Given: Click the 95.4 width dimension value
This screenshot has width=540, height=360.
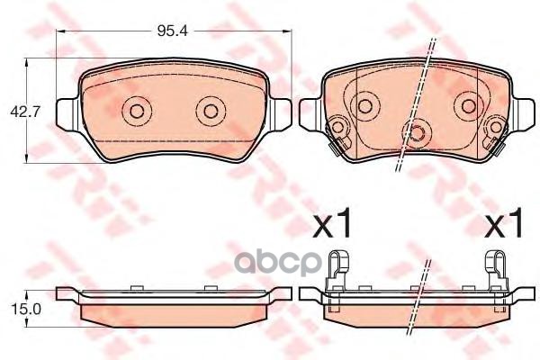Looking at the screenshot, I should pyautogui.click(x=171, y=31).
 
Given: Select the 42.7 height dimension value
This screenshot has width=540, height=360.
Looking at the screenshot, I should pyautogui.click(x=21, y=112).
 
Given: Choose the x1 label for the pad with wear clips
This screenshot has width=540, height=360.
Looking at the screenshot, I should pyautogui.click(x=503, y=225).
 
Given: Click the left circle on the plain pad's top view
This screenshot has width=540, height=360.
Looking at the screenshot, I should pyautogui.click(x=137, y=112).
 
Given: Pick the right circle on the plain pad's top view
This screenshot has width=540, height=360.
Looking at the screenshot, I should pyautogui.click(x=209, y=112).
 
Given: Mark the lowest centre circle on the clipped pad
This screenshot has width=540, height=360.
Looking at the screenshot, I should pyautogui.click(x=417, y=134).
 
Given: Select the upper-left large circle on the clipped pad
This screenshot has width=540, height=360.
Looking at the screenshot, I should pyautogui.click(x=366, y=105).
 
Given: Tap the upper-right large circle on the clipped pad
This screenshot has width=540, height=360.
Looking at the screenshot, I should pyautogui.click(x=467, y=105).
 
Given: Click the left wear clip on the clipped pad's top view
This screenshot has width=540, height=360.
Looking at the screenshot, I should pyautogui.click(x=337, y=134).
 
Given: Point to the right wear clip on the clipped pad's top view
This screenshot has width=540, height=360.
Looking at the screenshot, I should pyautogui.click(x=494, y=134).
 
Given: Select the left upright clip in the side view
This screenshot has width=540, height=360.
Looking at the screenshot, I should pyautogui.click(x=337, y=267).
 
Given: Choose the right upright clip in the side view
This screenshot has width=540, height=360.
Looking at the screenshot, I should pyautogui.click(x=495, y=267).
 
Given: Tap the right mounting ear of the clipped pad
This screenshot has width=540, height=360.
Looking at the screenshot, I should pyautogui.click(x=517, y=112).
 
